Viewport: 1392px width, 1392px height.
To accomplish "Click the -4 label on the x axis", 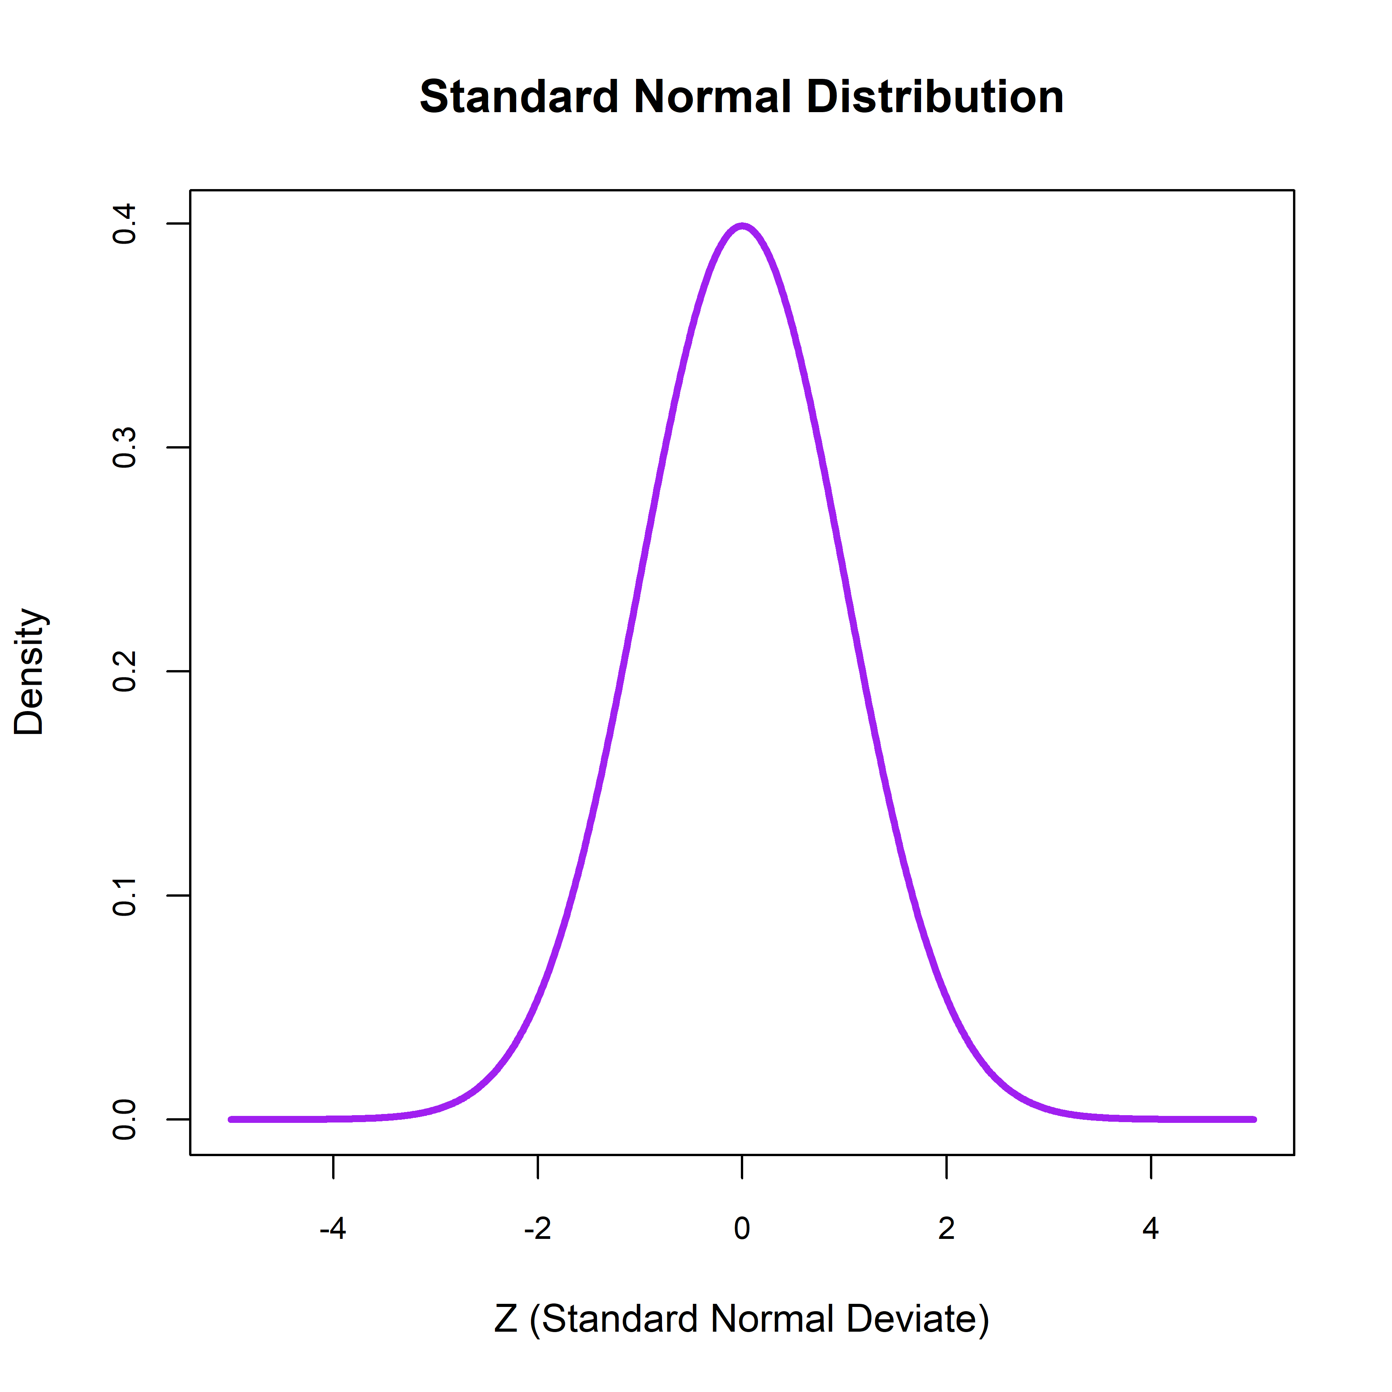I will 333,1228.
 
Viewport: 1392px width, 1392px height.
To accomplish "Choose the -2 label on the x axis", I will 537,1228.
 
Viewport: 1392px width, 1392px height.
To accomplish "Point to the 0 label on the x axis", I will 742,1228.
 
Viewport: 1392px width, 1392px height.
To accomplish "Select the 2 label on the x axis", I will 946,1228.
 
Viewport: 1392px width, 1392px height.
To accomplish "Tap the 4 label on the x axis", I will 1151,1228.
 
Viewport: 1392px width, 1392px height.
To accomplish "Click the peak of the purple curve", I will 742,226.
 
